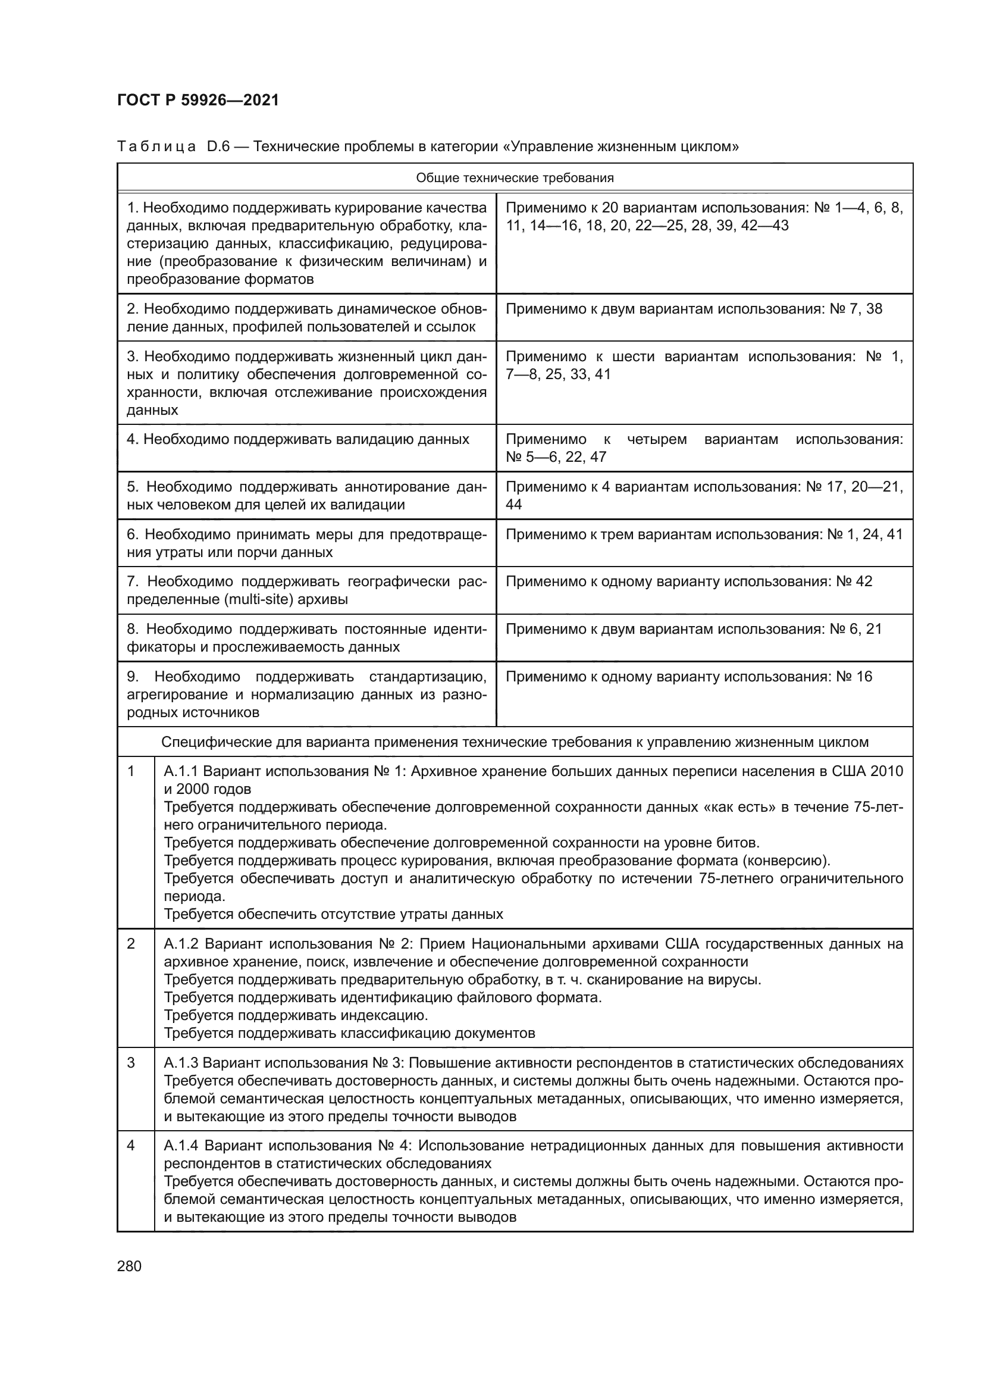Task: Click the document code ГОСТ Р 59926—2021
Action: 198,101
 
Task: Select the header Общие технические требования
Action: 515,177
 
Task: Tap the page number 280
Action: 129,1266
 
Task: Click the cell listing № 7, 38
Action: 693,309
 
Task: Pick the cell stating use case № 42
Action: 688,581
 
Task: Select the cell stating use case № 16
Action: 688,677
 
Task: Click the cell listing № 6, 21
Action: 693,629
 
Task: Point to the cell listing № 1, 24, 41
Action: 703,534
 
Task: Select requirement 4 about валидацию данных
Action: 297,440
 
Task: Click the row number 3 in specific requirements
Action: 131,1063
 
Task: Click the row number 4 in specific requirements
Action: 131,1146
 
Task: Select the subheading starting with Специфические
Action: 515,742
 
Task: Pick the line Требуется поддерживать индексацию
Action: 296,1015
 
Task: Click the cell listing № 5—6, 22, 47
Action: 556,457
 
